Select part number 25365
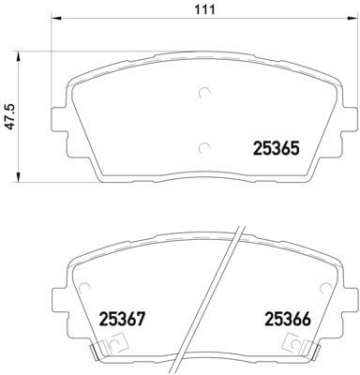pyautogui.click(x=277, y=146)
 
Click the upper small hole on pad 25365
pyautogui.click(x=205, y=93)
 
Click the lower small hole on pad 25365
pyautogui.click(x=205, y=146)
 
